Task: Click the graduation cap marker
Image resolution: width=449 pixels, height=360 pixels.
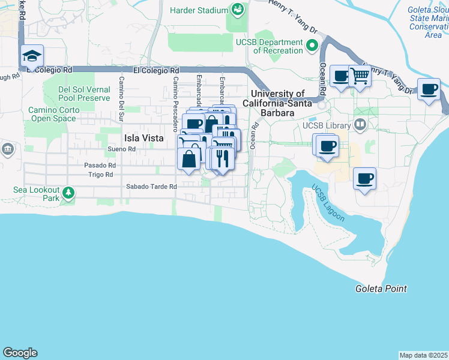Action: tap(32, 56)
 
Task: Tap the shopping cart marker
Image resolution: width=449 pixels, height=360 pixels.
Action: tap(360, 76)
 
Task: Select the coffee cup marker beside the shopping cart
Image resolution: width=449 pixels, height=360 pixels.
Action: tap(341, 76)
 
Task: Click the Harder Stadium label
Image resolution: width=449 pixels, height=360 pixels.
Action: tap(199, 10)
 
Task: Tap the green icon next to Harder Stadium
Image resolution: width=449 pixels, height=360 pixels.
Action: tap(238, 10)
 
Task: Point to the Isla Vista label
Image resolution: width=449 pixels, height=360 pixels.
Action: tap(143, 137)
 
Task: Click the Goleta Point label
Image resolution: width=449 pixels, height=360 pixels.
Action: tap(381, 289)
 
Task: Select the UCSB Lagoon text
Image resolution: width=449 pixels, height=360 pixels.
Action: tap(328, 203)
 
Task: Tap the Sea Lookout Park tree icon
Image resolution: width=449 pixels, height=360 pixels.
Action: tap(69, 193)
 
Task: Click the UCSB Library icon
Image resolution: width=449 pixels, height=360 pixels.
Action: tap(360, 125)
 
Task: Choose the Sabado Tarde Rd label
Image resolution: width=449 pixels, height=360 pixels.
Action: tap(151, 187)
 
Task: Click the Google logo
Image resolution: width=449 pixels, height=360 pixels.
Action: tap(20, 353)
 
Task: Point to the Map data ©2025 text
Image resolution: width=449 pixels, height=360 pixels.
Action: tap(423, 355)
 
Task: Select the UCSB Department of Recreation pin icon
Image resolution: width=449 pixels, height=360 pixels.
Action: tap(312, 46)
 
